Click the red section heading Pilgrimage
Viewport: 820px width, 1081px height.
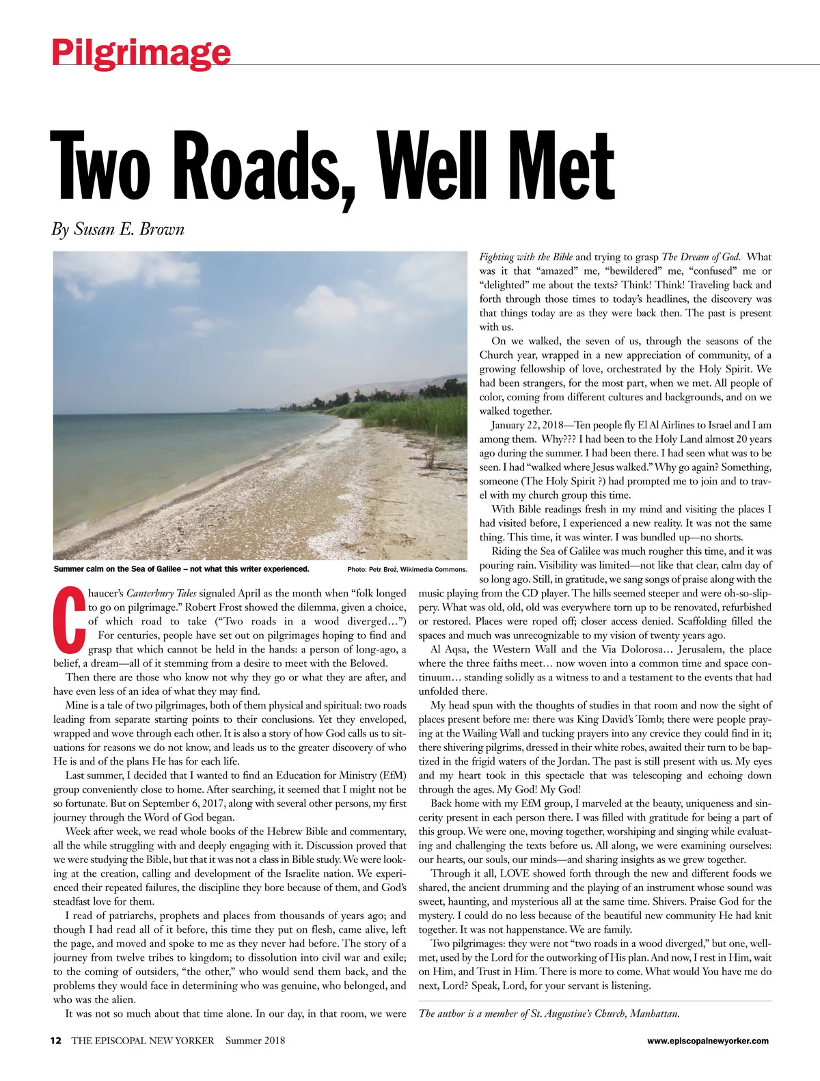click(x=141, y=52)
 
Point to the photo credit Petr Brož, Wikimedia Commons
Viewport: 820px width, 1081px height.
click(x=407, y=569)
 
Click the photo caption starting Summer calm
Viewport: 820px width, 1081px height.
click(x=181, y=569)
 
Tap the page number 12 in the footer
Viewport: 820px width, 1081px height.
click(x=56, y=1041)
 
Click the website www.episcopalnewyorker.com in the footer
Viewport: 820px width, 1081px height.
click(x=708, y=1041)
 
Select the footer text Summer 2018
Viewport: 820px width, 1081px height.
click(x=255, y=1041)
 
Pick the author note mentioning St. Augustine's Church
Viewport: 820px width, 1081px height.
click(x=549, y=1013)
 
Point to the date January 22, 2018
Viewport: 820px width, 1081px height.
click(x=533, y=425)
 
